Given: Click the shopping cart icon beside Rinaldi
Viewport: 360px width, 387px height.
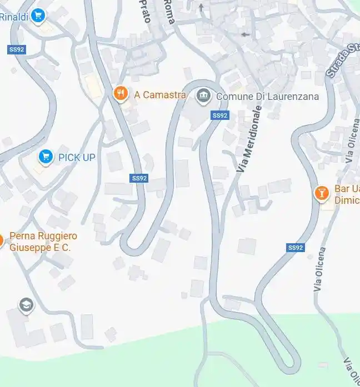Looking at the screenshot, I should pos(38,16).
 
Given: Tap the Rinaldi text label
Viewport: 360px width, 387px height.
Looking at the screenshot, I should pos(14,17).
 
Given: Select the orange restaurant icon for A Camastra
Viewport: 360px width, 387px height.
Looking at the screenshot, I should pos(121,93).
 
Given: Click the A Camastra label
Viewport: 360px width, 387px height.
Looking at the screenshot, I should pos(160,95).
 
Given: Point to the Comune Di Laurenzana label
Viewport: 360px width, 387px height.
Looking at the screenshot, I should pos(267,97).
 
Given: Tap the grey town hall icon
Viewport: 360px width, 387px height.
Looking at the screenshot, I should pos(204,96).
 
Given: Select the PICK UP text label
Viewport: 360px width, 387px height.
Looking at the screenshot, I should pos(77,158).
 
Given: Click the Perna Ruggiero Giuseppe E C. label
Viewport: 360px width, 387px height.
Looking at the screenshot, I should pos(43,242).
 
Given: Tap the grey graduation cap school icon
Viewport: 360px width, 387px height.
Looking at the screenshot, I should pos(26,305).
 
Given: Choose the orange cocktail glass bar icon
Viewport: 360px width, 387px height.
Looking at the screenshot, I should pos(321,193).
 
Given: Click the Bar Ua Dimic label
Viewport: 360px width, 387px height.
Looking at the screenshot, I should pos(347,194).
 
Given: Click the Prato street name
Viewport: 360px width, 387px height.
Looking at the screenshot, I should pos(144,9).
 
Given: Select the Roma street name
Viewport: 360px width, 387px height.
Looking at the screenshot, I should pos(169,11).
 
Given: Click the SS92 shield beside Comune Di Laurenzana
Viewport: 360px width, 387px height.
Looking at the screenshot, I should pos(220,115).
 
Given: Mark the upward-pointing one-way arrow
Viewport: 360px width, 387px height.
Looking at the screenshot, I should pos(201,7).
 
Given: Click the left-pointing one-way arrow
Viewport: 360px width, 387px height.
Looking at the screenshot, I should pos(245,34).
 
